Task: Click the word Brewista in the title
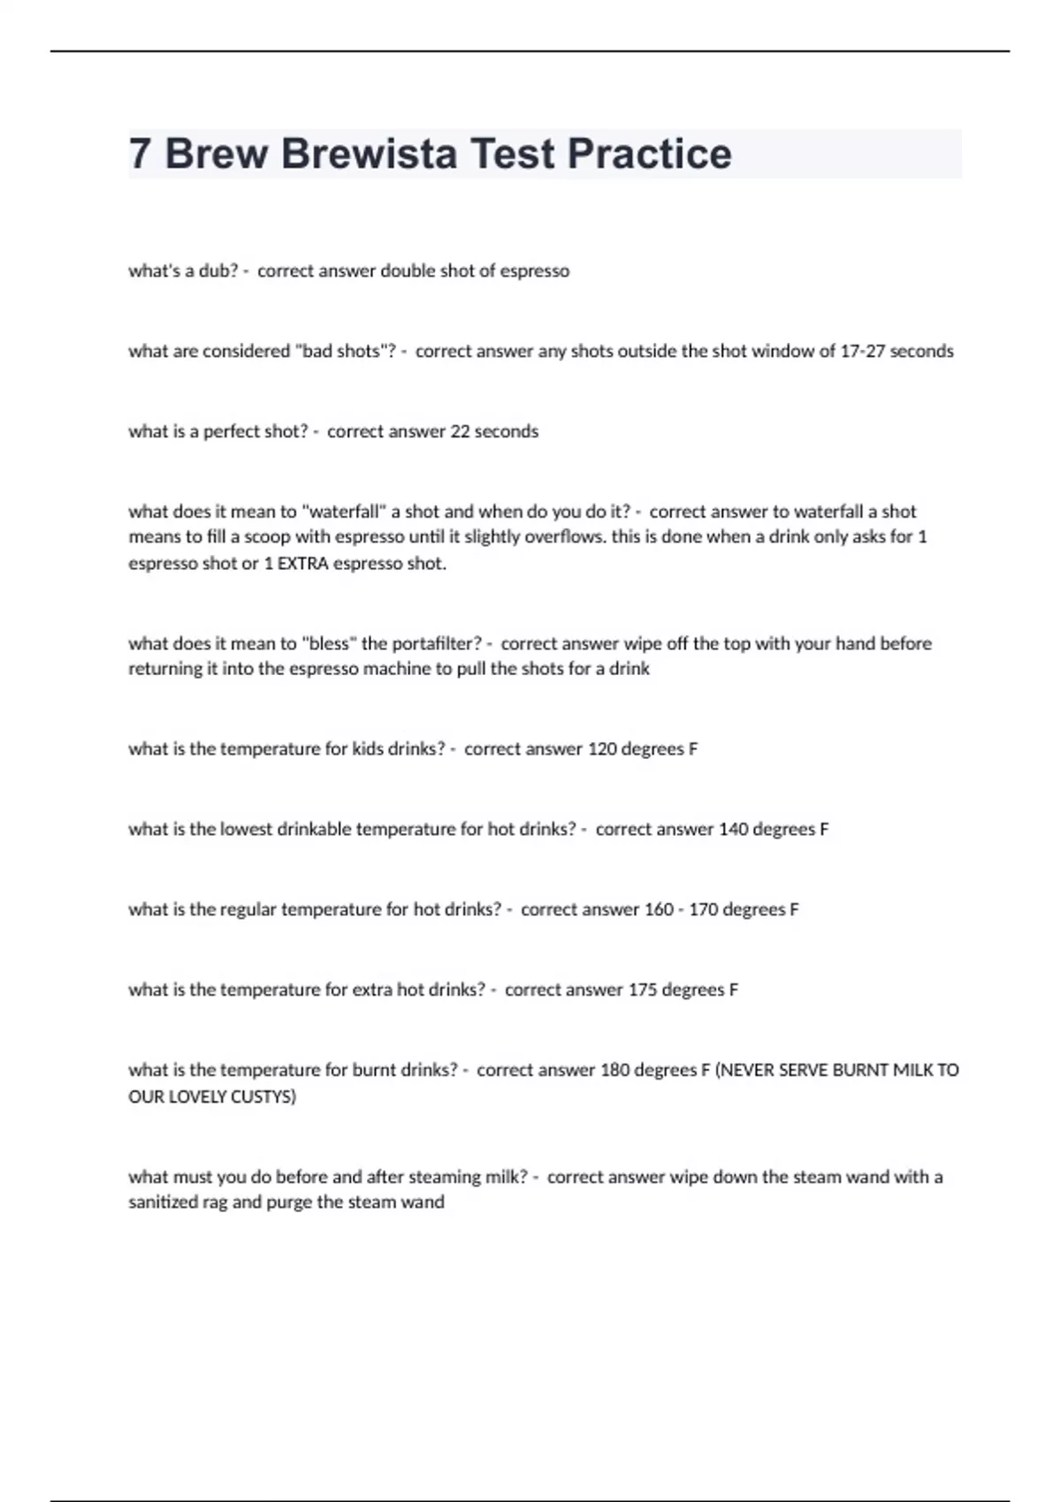coord(369,154)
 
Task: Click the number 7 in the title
coord(139,154)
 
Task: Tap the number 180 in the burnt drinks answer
coord(614,1071)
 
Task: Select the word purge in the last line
coord(288,1202)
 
